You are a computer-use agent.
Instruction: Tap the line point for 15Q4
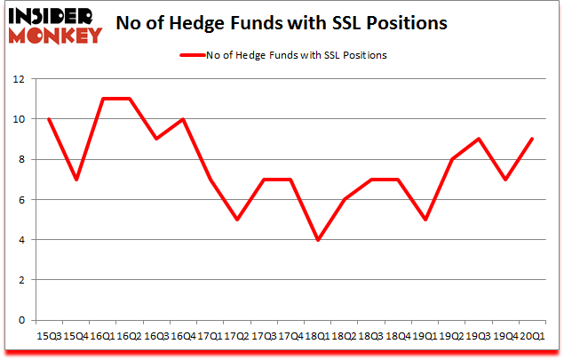[77, 179]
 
